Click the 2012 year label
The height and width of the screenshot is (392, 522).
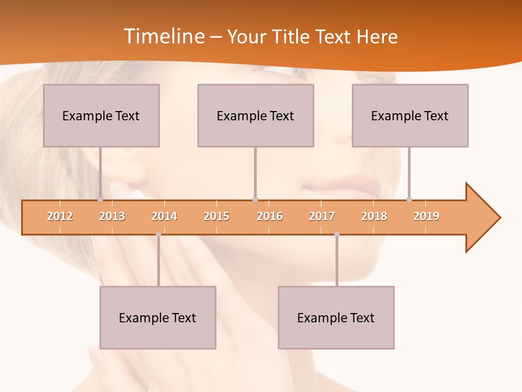click(x=60, y=216)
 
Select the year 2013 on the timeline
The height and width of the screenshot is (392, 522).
click(x=112, y=216)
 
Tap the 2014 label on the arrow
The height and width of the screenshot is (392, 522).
click(x=164, y=216)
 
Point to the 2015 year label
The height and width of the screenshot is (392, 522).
click(x=216, y=216)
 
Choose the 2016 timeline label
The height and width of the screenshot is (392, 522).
click(x=270, y=216)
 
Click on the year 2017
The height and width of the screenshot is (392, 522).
click(x=322, y=216)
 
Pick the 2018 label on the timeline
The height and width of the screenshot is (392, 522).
click(x=374, y=216)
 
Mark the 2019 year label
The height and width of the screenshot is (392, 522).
click(x=426, y=216)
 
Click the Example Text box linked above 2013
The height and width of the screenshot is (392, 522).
click(x=101, y=115)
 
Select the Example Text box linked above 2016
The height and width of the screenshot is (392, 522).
click(x=256, y=115)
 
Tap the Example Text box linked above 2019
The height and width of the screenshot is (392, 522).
click(x=410, y=115)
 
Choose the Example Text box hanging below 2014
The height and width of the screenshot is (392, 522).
click(x=158, y=317)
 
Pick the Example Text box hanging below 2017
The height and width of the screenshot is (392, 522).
click(x=336, y=317)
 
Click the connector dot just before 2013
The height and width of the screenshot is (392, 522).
click(x=100, y=199)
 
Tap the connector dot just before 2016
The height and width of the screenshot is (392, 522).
click(x=255, y=199)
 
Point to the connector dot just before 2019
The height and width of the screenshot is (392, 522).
click(x=409, y=199)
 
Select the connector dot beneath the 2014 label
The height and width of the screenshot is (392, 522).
click(x=158, y=234)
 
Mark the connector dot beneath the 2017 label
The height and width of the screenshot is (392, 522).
click(x=337, y=234)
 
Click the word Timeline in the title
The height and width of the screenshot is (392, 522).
click(x=163, y=36)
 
